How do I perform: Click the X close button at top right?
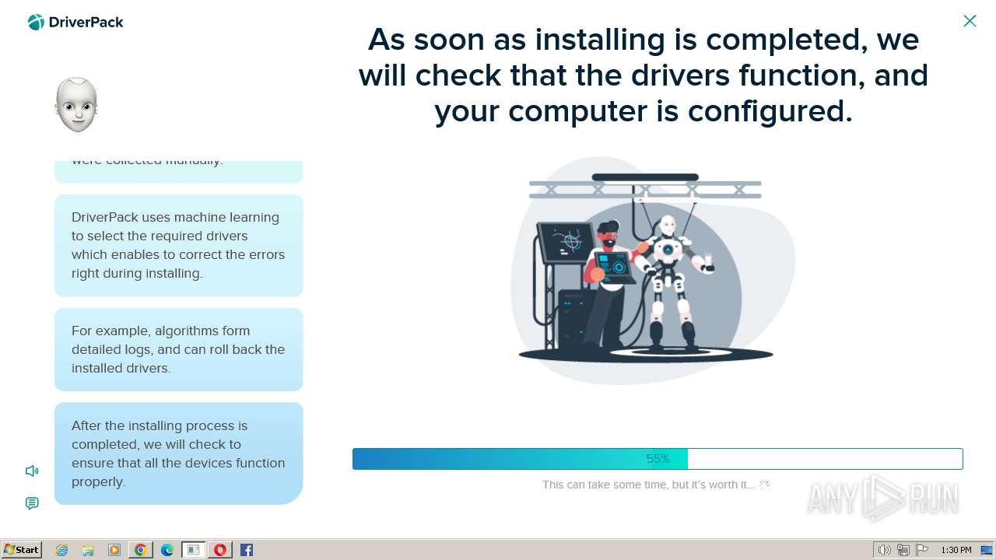click(970, 21)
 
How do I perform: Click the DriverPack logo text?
click(86, 23)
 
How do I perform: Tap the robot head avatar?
click(76, 104)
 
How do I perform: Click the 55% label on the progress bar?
click(658, 459)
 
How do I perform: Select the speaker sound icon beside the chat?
click(32, 471)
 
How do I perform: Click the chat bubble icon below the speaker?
click(32, 503)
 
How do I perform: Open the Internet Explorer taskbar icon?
click(62, 550)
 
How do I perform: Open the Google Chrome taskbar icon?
click(141, 550)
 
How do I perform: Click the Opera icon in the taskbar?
click(220, 550)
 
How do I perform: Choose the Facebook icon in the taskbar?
click(247, 550)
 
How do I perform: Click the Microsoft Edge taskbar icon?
click(167, 550)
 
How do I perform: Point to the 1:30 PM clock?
click(956, 550)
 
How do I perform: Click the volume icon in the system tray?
click(884, 550)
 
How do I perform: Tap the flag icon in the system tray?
click(922, 550)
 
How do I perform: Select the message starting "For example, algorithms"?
click(178, 349)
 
